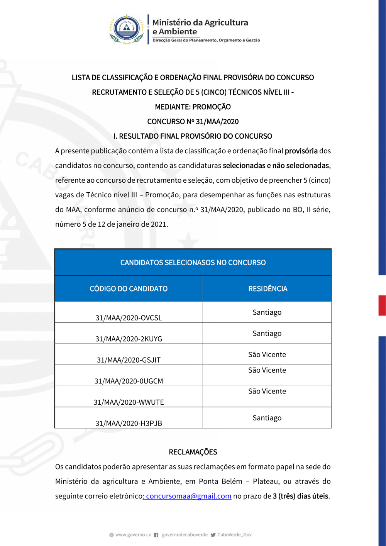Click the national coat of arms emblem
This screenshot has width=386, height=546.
tap(127, 29)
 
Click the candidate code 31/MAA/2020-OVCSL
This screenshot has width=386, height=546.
tap(129, 318)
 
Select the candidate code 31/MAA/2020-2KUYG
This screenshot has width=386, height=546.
tap(129, 339)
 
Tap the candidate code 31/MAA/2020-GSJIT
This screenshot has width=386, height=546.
tap(129, 360)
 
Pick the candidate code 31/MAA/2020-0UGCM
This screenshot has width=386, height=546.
tap(129, 381)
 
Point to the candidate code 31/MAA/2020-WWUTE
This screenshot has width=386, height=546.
tap(129, 402)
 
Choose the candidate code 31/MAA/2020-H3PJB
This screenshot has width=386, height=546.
tap(129, 423)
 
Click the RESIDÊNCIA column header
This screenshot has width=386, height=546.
tap(267, 289)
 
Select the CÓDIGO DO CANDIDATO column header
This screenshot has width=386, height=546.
tap(129, 289)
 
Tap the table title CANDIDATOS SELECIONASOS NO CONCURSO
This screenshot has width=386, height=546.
tap(193, 263)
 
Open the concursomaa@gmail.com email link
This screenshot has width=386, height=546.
tap(188, 496)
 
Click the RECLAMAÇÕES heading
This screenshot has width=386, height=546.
tap(193, 452)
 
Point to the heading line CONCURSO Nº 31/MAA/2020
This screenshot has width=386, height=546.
tap(193, 122)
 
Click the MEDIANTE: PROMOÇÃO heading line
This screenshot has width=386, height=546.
tap(193, 107)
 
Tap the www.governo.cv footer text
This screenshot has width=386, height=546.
tap(133, 535)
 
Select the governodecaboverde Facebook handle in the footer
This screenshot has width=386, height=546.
tap(185, 535)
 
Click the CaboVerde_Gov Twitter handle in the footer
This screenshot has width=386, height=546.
tap(234, 535)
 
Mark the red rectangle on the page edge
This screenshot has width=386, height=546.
tap(382, 305)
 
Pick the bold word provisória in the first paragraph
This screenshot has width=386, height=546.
tap(301, 151)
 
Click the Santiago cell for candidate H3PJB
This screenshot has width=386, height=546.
tap(267, 418)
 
